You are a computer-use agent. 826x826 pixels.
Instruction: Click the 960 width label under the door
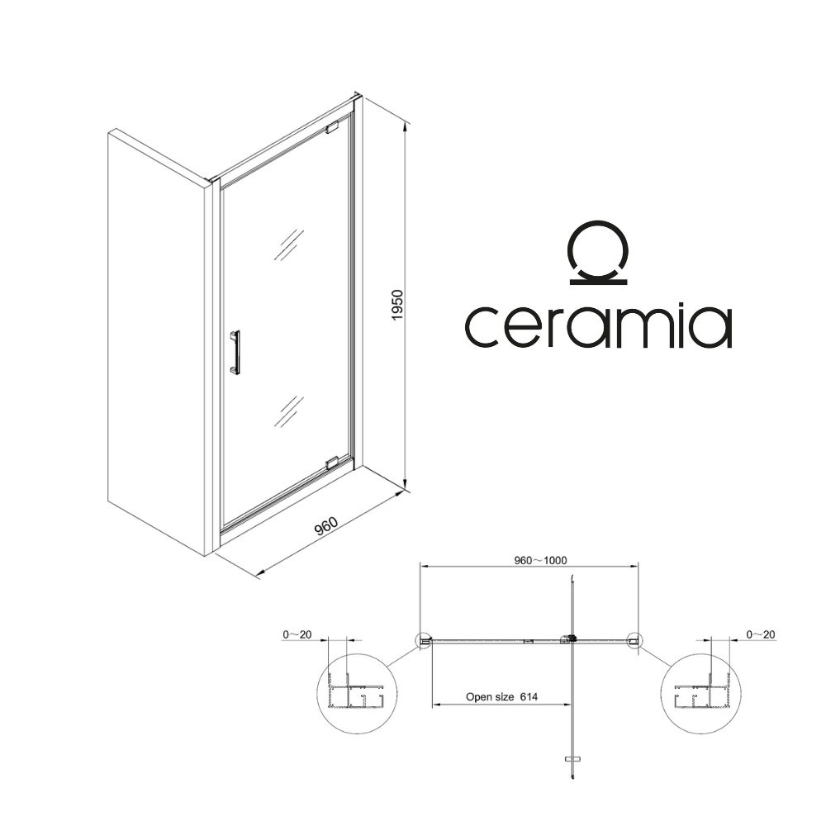pyautogui.click(x=325, y=525)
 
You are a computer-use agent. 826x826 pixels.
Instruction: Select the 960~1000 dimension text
pyautogui.click(x=540, y=560)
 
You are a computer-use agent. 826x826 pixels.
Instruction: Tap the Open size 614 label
pyautogui.click(x=501, y=697)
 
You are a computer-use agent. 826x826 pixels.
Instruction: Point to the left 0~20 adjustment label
pyautogui.click(x=297, y=634)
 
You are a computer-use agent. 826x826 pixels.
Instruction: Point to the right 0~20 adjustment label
pyautogui.click(x=761, y=634)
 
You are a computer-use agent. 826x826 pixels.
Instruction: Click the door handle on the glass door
pyautogui.click(x=235, y=352)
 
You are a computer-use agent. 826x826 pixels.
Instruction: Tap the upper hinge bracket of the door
pyautogui.click(x=332, y=127)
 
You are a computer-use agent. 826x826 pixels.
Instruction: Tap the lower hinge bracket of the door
pyautogui.click(x=332, y=463)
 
